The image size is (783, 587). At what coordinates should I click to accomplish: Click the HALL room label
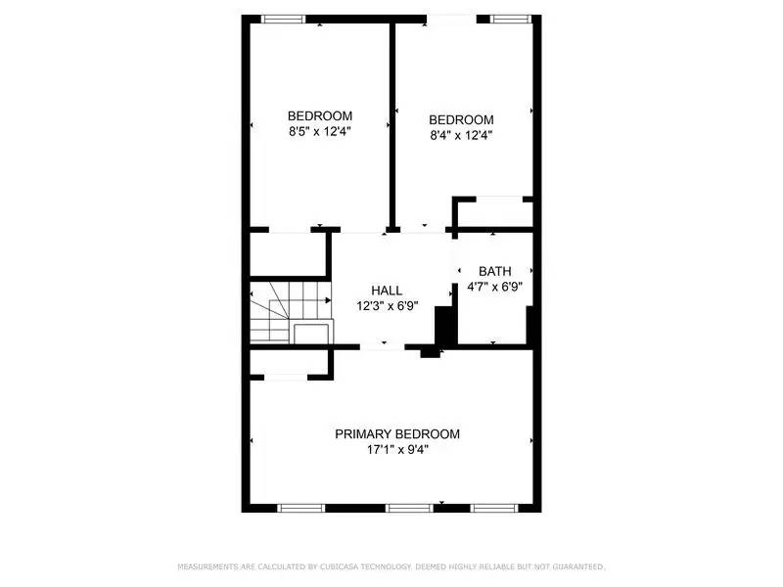click(385, 291)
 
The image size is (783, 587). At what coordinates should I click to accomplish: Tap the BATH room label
click(493, 271)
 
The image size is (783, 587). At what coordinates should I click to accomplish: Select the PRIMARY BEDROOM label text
click(397, 434)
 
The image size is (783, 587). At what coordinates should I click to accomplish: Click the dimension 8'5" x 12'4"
click(319, 131)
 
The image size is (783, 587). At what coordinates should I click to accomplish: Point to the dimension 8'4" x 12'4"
click(460, 136)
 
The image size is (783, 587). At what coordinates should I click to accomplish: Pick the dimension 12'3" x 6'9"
click(385, 305)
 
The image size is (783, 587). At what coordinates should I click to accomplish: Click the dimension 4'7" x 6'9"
click(493, 288)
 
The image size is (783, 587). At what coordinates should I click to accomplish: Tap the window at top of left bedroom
click(283, 18)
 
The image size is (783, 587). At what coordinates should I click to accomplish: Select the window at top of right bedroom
click(512, 18)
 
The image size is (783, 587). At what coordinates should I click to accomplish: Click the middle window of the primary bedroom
click(408, 508)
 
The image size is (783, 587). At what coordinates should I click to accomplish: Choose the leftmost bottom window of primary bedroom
click(300, 508)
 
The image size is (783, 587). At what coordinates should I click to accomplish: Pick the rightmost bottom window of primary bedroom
click(496, 508)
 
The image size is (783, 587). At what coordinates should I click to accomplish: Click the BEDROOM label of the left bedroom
click(319, 115)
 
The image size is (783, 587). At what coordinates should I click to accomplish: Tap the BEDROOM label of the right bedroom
click(461, 120)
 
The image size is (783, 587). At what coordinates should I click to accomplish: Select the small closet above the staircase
click(287, 254)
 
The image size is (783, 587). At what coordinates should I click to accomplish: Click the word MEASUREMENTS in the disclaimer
click(208, 567)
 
